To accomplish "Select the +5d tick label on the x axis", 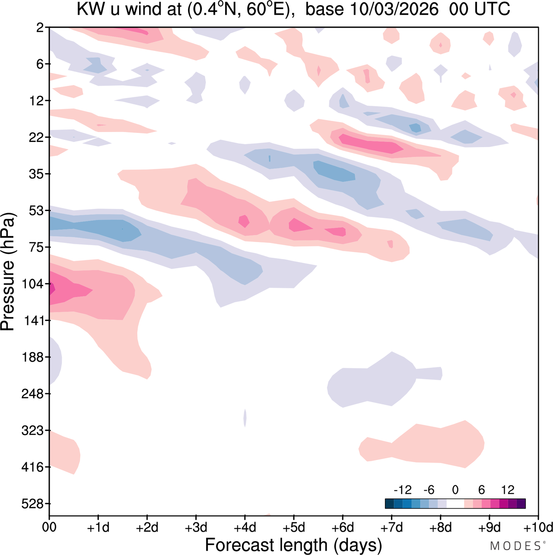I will (x=294, y=527).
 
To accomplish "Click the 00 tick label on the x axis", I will (x=49, y=527).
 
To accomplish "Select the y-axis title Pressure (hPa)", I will (x=8, y=272).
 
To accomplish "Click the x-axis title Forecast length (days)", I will (x=293, y=545).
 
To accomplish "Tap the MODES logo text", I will (x=516, y=546).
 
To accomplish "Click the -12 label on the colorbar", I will (x=402, y=490).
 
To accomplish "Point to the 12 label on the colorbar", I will (x=508, y=490).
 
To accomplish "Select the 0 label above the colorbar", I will (x=455, y=490).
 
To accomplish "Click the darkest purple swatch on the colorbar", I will (x=521, y=504).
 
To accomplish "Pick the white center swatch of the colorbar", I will (x=455, y=504).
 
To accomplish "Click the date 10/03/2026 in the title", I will (x=394, y=9).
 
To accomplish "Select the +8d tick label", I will (x=441, y=527).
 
